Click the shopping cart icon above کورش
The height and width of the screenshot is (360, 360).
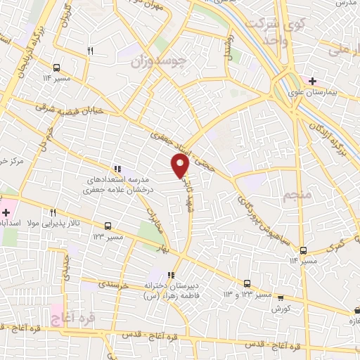(281, 298)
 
